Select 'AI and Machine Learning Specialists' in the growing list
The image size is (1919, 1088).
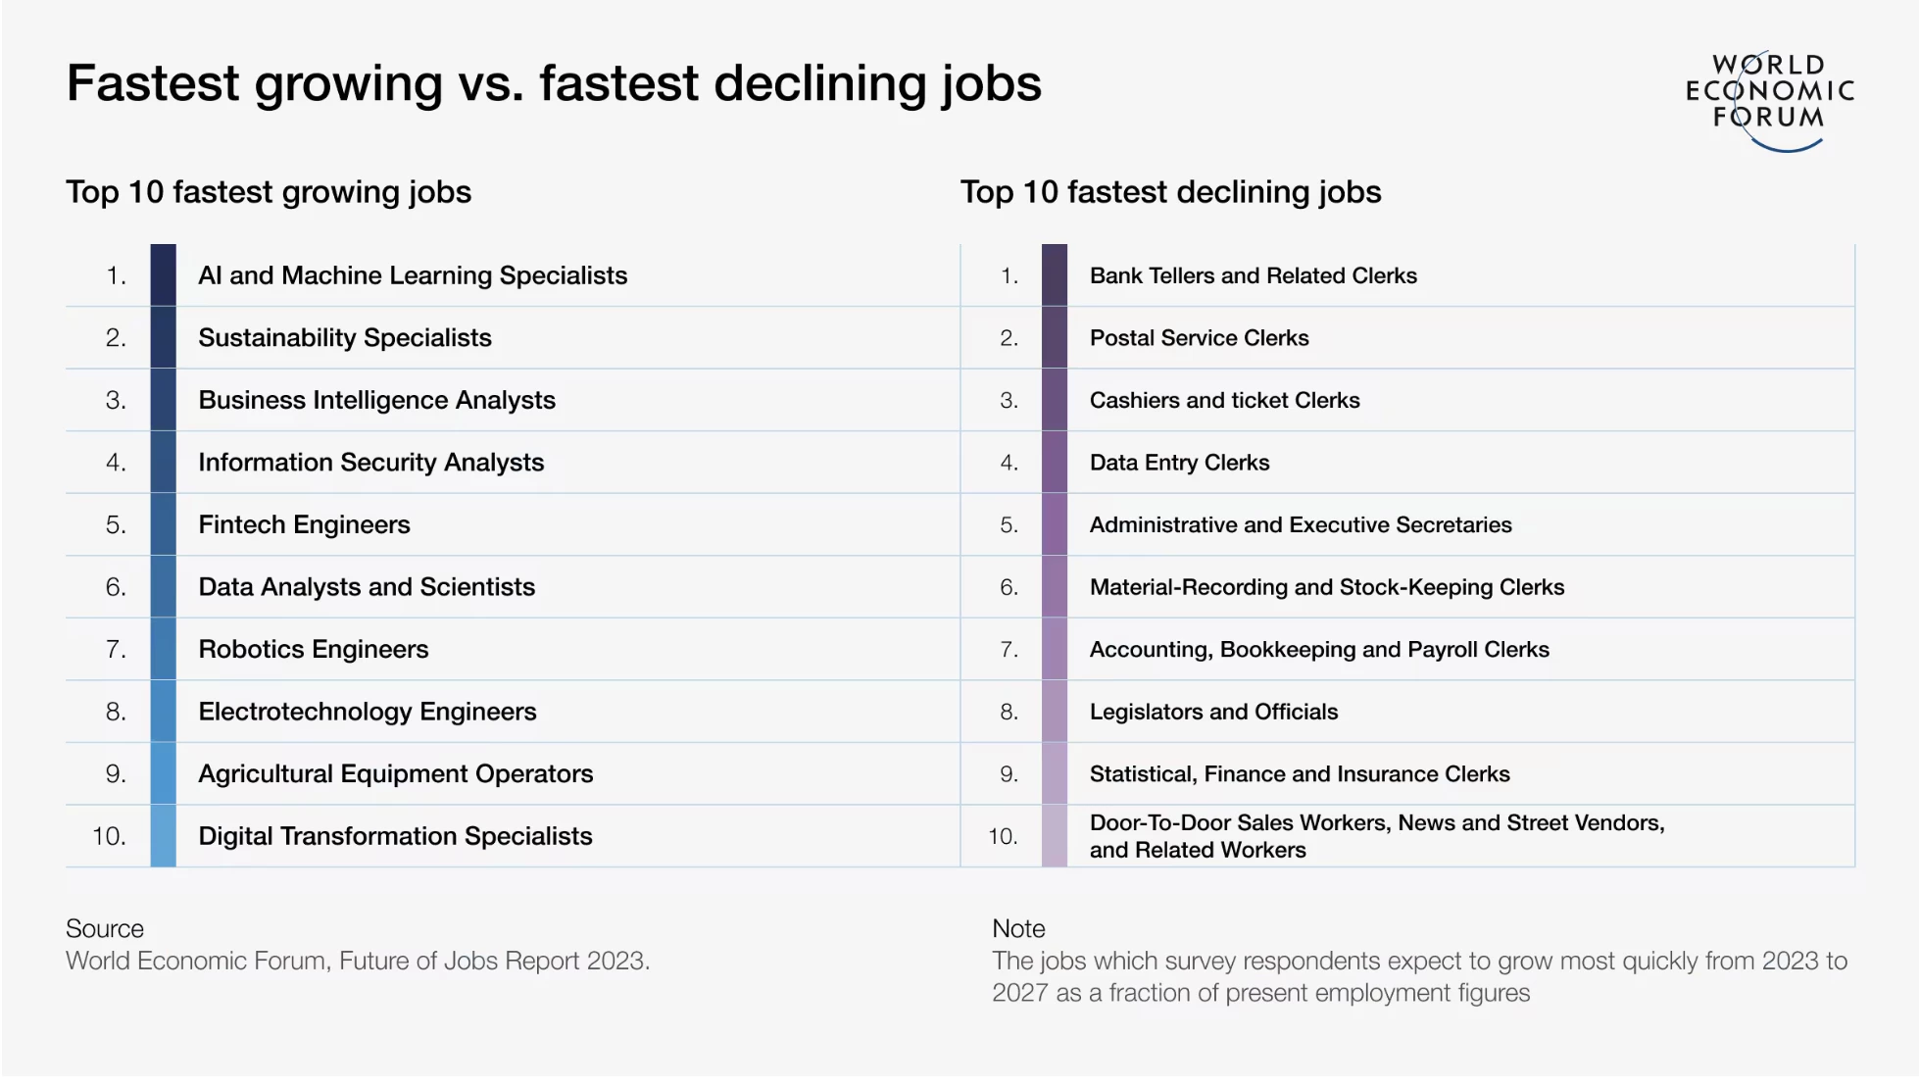(x=413, y=275)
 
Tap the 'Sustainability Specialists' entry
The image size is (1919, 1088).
(x=345, y=338)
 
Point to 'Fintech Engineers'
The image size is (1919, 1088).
(x=304, y=525)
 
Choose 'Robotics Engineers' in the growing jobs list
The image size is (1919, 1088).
(x=314, y=649)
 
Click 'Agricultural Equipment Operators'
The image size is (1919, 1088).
(x=396, y=774)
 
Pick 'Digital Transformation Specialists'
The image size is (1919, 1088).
(x=395, y=836)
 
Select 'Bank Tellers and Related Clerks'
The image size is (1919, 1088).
(x=1254, y=275)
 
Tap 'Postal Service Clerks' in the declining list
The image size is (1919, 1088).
(x=1200, y=338)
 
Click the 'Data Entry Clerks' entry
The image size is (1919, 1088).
(x=1180, y=463)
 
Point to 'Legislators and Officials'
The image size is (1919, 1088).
(x=1214, y=712)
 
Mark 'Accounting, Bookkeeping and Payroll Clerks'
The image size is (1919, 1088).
(x=1320, y=650)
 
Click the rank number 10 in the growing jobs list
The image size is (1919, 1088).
(x=109, y=836)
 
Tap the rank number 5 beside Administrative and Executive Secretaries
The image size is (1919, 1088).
(x=1009, y=525)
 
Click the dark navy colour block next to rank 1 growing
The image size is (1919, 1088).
(x=164, y=275)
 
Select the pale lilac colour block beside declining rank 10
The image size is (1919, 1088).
(x=1055, y=836)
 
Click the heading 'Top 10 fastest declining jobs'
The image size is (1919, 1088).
(x=1171, y=192)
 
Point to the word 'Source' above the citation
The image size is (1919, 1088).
(x=105, y=928)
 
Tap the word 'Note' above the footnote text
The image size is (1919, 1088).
(x=1018, y=928)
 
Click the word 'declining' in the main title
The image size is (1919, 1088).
(x=820, y=85)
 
